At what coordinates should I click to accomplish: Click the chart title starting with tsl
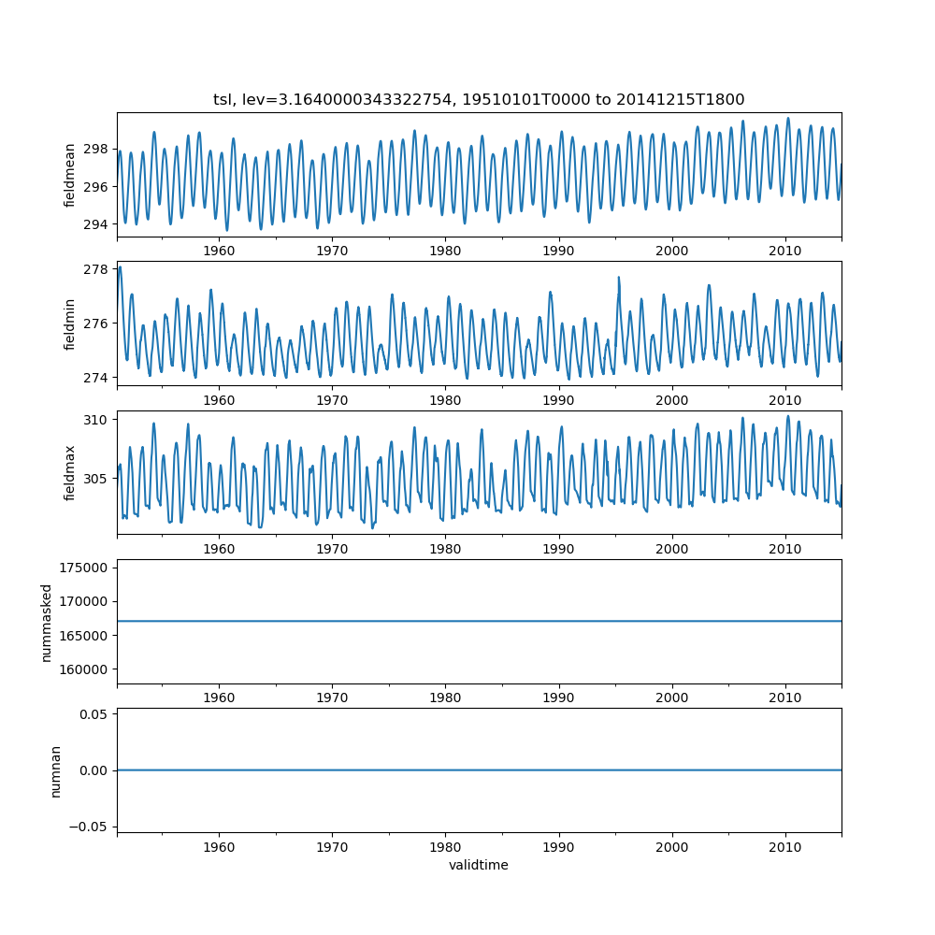pyautogui.click(x=479, y=99)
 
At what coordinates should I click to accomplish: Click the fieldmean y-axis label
pyautogui.click(x=69, y=175)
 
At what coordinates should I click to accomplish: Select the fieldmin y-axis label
pyautogui.click(x=69, y=324)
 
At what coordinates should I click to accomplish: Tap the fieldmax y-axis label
pyautogui.click(x=69, y=472)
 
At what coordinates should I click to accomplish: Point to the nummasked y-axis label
pyautogui.click(x=46, y=622)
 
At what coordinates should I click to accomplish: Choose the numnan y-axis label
pyautogui.click(x=55, y=770)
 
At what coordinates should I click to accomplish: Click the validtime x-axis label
pyautogui.click(x=479, y=865)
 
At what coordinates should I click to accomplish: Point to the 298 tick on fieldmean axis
pyautogui.click(x=96, y=149)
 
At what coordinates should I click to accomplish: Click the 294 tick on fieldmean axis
pyautogui.click(x=96, y=224)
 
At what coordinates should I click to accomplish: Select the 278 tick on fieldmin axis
pyautogui.click(x=96, y=269)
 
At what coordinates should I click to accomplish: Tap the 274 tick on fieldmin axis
pyautogui.click(x=96, y=377)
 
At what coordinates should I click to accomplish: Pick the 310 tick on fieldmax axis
pyautogui.click(x=96, y=419)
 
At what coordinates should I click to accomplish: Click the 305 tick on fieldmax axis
pyautogui.click(x=96, y=478)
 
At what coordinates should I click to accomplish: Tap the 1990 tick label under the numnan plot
pyautogui.click(x=559, y=846)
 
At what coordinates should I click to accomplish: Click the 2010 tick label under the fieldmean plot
pyautogui.click(x=785, y=251)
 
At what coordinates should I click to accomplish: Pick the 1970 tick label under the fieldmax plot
pyautogui.click(x=332, y=549)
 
